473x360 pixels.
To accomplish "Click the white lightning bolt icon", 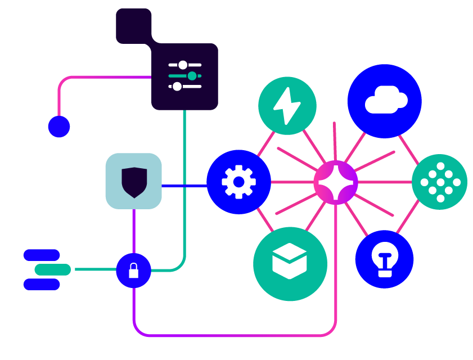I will [286, 105].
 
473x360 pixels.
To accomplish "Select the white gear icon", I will [239, 182].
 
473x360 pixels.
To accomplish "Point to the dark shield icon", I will [134, 181].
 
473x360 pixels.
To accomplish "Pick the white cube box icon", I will [289, 260].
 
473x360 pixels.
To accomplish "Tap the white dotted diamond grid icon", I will [440, 182].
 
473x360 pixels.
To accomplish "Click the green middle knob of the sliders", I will [192, 76].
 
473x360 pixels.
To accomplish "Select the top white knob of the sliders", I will [183, 65].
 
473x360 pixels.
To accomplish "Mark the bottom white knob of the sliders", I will [177, 87].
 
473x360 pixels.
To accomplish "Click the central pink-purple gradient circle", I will [336, 182].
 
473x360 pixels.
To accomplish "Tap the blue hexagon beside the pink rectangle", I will [58, 129].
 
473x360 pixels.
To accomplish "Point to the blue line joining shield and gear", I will [184, 186].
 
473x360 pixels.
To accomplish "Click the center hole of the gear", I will [239, 182].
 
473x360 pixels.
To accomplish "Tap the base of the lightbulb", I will [385, 273].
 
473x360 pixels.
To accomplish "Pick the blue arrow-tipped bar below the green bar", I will [67, 287].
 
